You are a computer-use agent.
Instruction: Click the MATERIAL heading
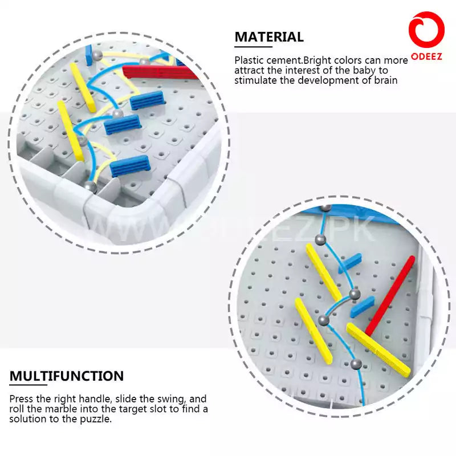pos(269,37)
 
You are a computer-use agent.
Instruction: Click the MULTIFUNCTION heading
pos(67,376)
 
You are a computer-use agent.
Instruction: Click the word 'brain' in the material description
pos(385,80)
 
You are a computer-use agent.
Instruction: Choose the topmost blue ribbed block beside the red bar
pos(148,101)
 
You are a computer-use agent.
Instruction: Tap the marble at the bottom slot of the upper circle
pos(90,185)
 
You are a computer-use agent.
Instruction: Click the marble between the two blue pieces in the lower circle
pos(355,295)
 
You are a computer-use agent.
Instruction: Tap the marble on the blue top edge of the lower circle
pos(326,208)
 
